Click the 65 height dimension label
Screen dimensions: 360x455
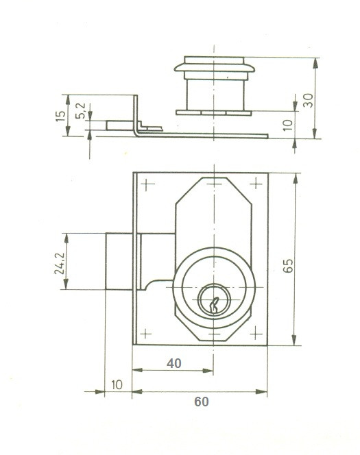point(288,265)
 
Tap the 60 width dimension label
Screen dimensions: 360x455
point(201,402)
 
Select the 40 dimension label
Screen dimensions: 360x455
point(173,363)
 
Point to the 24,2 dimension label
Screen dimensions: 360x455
point(60,263)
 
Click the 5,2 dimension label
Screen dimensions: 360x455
point(80,111)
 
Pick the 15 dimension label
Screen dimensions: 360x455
point(60,116)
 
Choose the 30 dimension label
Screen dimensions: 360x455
point(308,101)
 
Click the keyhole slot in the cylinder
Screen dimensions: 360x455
point(214,305)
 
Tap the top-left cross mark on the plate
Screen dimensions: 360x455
point(148,184)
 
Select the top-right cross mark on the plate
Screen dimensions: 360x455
point(256,184)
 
